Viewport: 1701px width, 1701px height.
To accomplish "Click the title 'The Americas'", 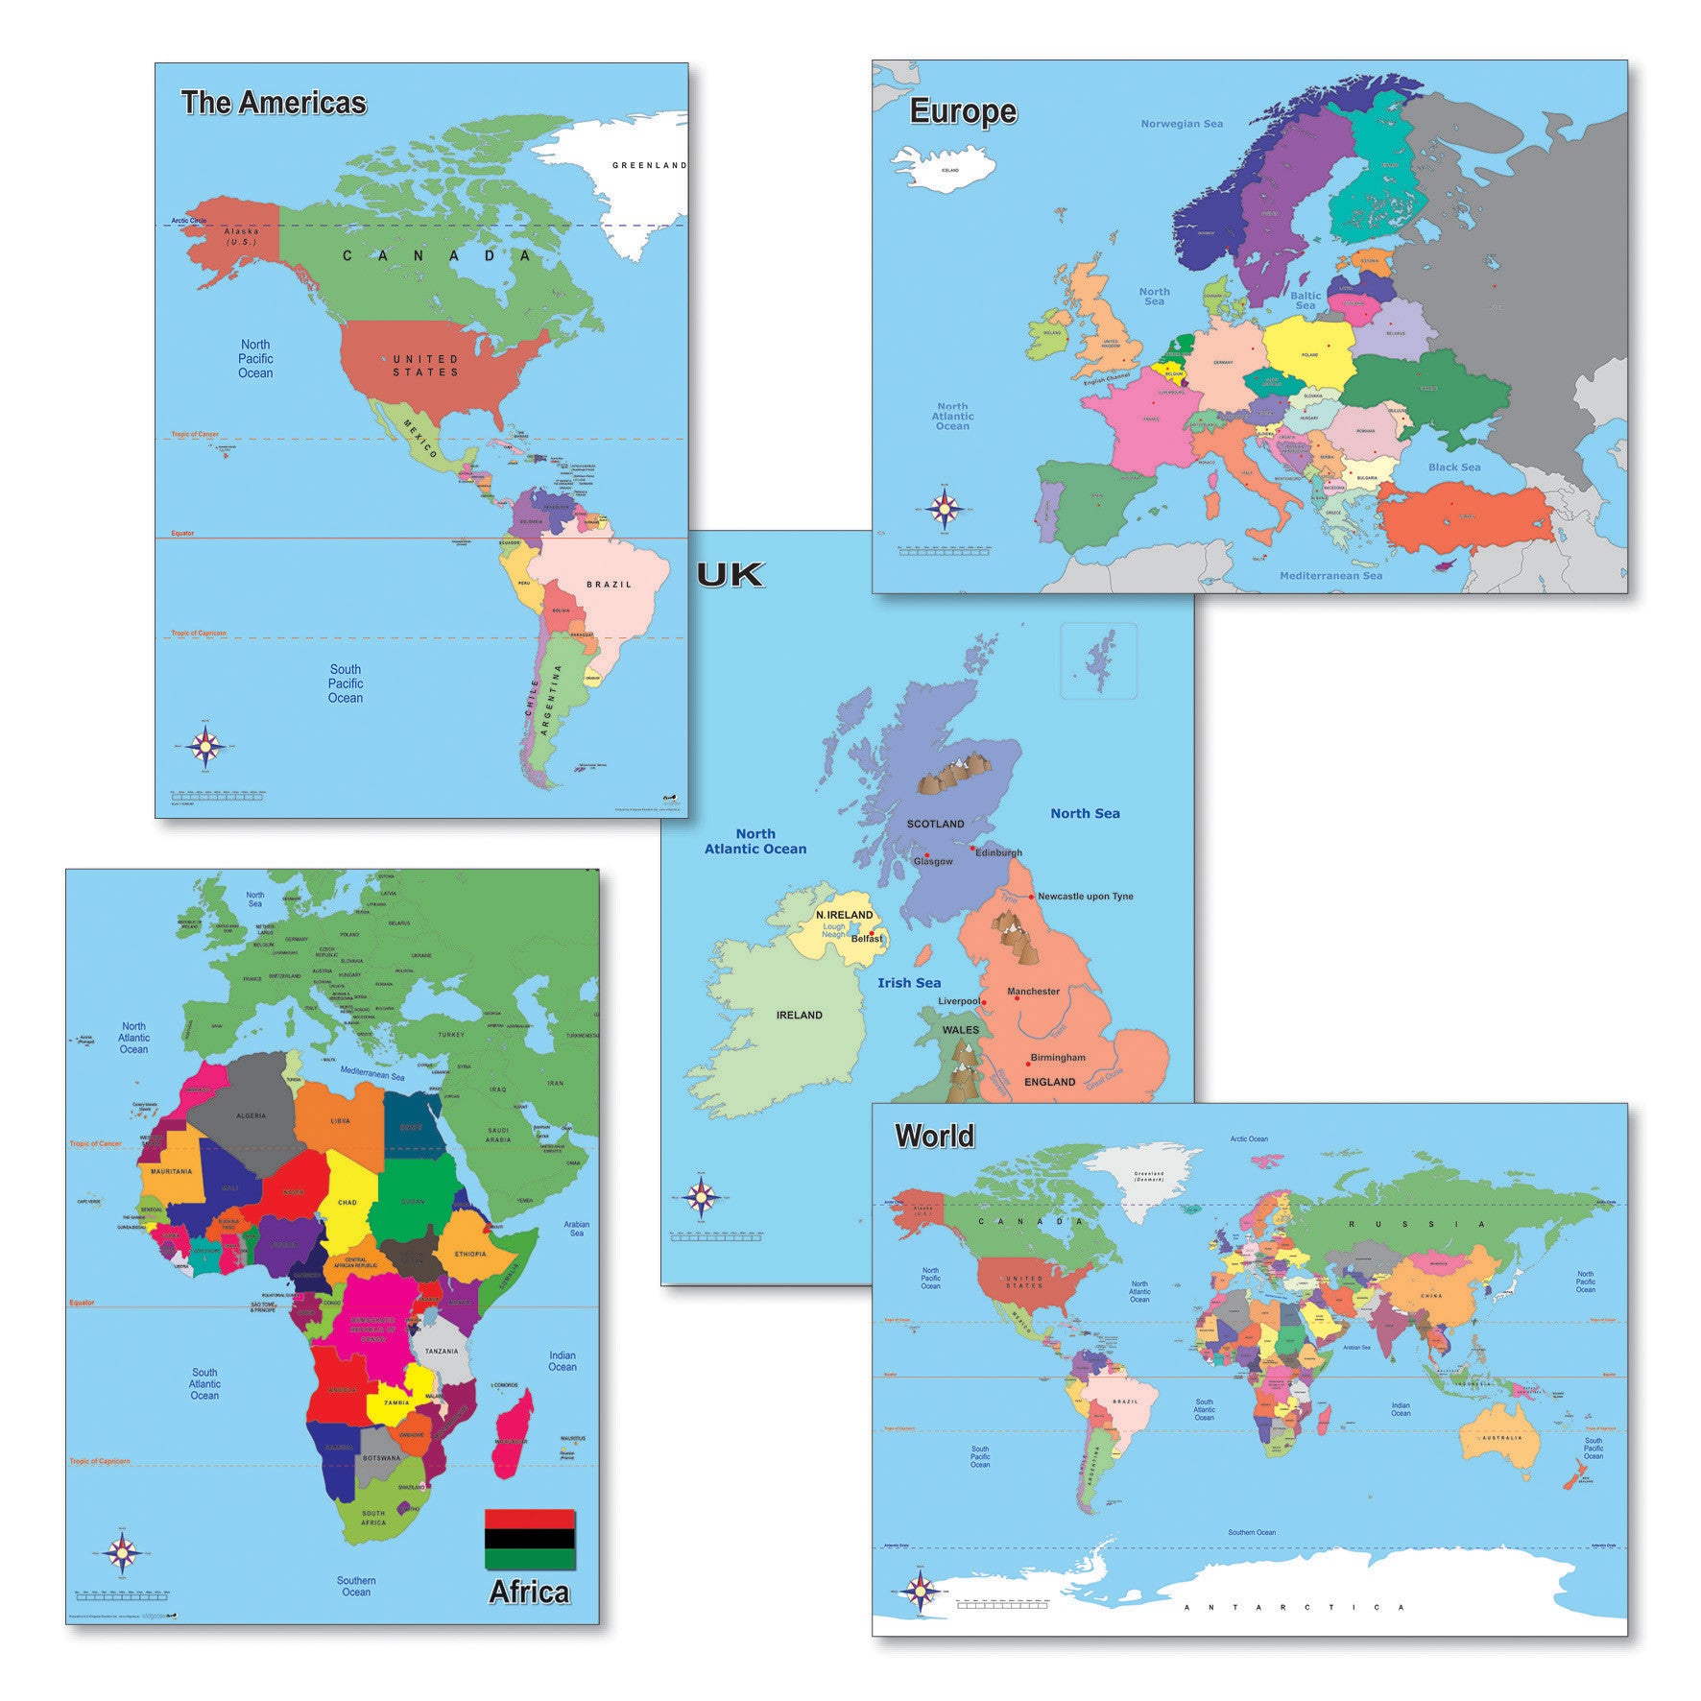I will pyautogui.click(x=274, y=103).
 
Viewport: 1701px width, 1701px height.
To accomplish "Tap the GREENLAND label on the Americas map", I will pyautogui.click(x=649, y=165).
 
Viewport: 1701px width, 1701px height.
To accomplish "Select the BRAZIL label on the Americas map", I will pyautogui.click(x=610, y=585).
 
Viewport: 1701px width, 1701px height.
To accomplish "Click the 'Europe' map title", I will pyautogui.click(x=962, y=111).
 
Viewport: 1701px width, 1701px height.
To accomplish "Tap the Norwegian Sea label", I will pyautogui.click(x=1181, y=124).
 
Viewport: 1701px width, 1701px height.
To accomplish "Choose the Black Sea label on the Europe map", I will pyautogui.click(x=1453, y=467).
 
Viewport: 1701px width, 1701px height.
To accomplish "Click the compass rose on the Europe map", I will pyautogui.click(x=947, y=506).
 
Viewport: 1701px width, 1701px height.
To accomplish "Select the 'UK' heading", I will pyautogui.click(x=731, y=575).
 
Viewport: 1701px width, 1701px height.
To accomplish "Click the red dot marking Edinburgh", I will pyautogui.click(x=972, y=849).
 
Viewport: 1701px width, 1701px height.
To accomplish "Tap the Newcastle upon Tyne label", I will pyautogui.click(x=1085, y=897).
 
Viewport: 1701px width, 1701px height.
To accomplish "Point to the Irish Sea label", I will pyautogui.click(x=908, y=983).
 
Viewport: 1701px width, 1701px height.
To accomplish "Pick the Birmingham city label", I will pyautogui.click(x=1057, y=1058).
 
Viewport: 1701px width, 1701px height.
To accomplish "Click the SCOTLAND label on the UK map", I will pyautogui.click(x=935, y=824).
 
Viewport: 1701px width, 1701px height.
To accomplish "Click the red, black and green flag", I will pyautogui.click(x=529, y=1539).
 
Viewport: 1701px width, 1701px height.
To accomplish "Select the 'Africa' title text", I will pyautogui.click(x=529, y=1593).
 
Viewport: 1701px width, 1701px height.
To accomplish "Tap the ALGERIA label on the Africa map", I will pyautogui.click(x=251, y=1116).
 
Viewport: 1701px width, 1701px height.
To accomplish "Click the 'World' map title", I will pyautogui.click(x=934, y=1137).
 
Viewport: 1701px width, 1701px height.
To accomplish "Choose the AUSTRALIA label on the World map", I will pyautogui.click(x=1500, y=1437).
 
